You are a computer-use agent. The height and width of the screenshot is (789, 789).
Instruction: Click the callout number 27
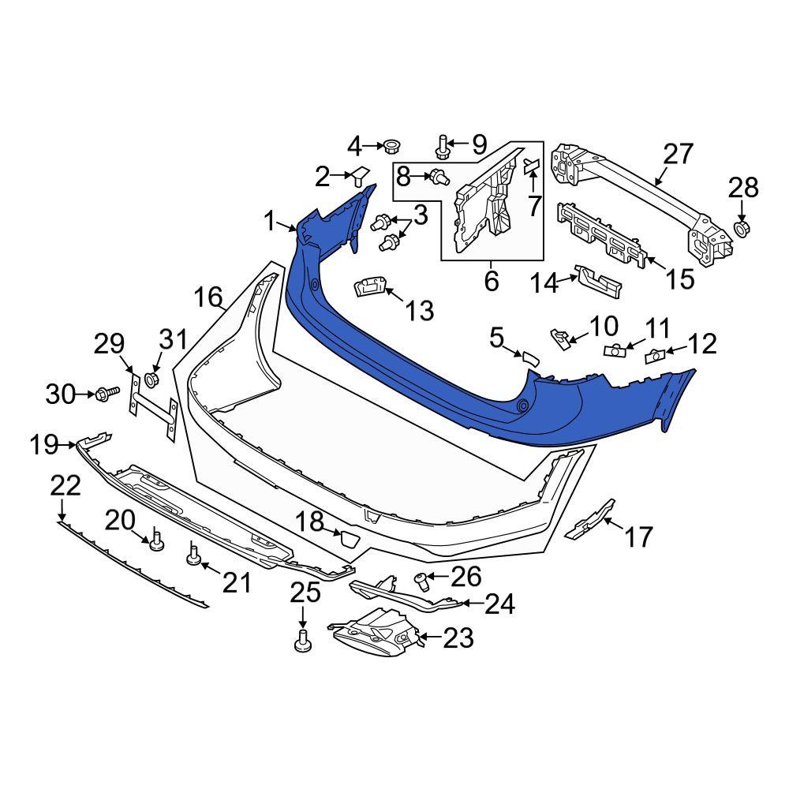tap(679, 154)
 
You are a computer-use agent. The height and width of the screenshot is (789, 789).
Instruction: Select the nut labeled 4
tap(391, 147)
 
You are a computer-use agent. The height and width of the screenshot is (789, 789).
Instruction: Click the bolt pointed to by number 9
tap(442, 145)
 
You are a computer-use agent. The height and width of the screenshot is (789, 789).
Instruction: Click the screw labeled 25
tap(302, 640)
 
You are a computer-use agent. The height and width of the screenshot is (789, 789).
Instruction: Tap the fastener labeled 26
tap(421, 581)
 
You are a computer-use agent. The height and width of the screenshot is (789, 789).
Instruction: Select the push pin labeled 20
tap(156, 541)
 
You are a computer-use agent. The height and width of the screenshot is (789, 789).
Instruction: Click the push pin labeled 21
tap(193, 554)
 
